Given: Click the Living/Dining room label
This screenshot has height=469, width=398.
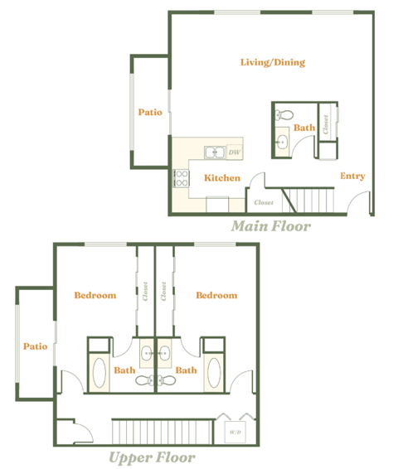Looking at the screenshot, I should tap(272, 62).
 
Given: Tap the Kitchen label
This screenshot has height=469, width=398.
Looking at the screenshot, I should tap(222, 178).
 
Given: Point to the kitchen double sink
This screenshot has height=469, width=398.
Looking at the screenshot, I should tap(214, 152).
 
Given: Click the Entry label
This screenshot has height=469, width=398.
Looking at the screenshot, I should tap(352, 176).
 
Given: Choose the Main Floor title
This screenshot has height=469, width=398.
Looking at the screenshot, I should tap(270, 225).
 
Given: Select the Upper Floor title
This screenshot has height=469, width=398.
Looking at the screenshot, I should tap(152, 457).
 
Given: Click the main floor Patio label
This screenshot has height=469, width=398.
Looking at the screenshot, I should tap(150, 112).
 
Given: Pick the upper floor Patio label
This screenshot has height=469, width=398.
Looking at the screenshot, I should tap(35, 346).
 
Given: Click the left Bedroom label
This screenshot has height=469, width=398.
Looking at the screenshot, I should tap(95, 295).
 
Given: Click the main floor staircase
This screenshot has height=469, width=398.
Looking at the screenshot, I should tap(309, 201).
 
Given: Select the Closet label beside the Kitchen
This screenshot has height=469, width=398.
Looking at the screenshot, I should tap(263, 202).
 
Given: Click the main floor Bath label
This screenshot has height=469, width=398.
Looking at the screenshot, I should tap(304, 128).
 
